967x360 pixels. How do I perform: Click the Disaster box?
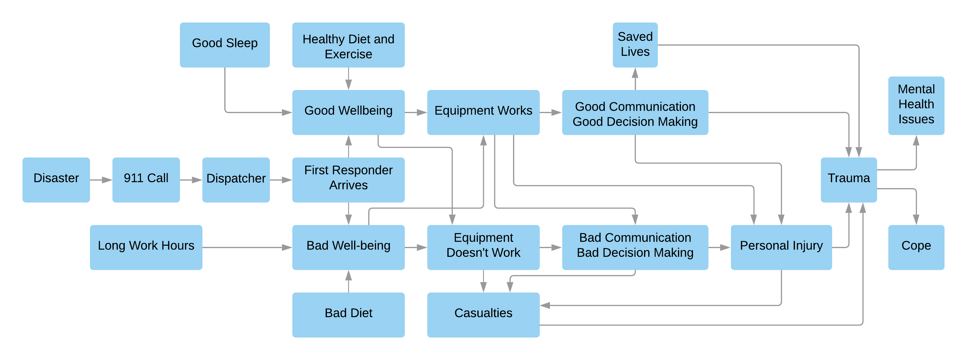56,180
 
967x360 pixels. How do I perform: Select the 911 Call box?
146,180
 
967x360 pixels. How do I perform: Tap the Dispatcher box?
236,180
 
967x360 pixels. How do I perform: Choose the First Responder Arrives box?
348,180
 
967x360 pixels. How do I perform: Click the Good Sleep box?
225,45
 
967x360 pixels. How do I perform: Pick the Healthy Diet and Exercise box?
348,45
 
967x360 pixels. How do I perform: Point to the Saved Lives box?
635,45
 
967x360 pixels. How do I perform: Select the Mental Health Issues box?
916,106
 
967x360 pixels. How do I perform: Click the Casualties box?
483,315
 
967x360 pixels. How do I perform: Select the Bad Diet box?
348,315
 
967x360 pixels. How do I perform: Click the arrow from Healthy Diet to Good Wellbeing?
348,79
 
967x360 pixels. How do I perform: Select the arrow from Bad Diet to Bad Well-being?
348,281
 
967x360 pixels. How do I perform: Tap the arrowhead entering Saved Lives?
635,73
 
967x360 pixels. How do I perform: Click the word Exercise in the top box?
348,54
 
